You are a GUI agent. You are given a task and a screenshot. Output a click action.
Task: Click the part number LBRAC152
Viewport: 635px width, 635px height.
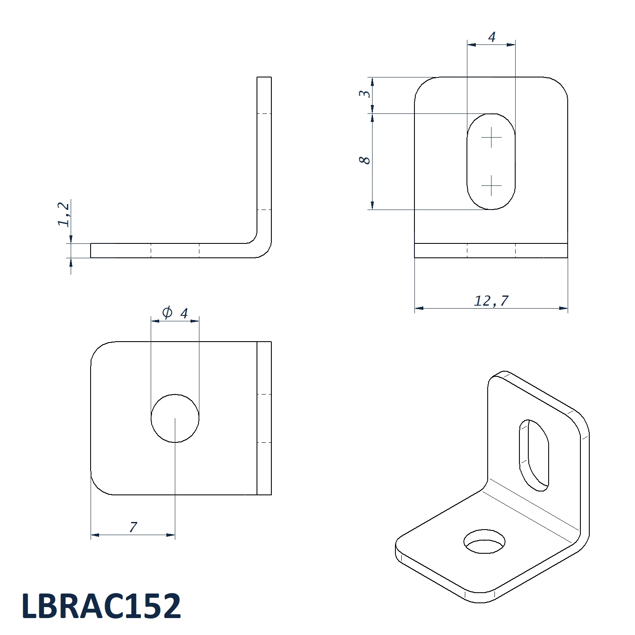(x=101, y=606)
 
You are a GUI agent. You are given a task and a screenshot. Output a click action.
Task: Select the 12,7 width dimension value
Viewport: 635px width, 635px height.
(x=491, y=301)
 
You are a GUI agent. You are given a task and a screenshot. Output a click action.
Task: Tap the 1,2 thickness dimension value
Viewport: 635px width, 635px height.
(x=64, y=214)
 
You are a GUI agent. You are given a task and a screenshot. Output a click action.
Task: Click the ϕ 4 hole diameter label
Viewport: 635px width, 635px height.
(x=175, y=313)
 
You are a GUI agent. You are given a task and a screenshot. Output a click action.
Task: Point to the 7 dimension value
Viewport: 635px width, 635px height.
(x=133, y=527)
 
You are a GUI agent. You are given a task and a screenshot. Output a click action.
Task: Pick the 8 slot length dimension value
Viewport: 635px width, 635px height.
(x=364, y=160)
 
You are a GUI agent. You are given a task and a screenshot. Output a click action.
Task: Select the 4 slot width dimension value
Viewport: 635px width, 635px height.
(x=491, y=37)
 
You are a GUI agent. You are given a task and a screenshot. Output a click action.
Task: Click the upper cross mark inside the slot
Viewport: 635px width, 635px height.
(x=491, y=137)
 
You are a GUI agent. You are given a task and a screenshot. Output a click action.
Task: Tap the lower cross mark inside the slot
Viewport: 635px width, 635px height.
(x=491, y=185)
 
